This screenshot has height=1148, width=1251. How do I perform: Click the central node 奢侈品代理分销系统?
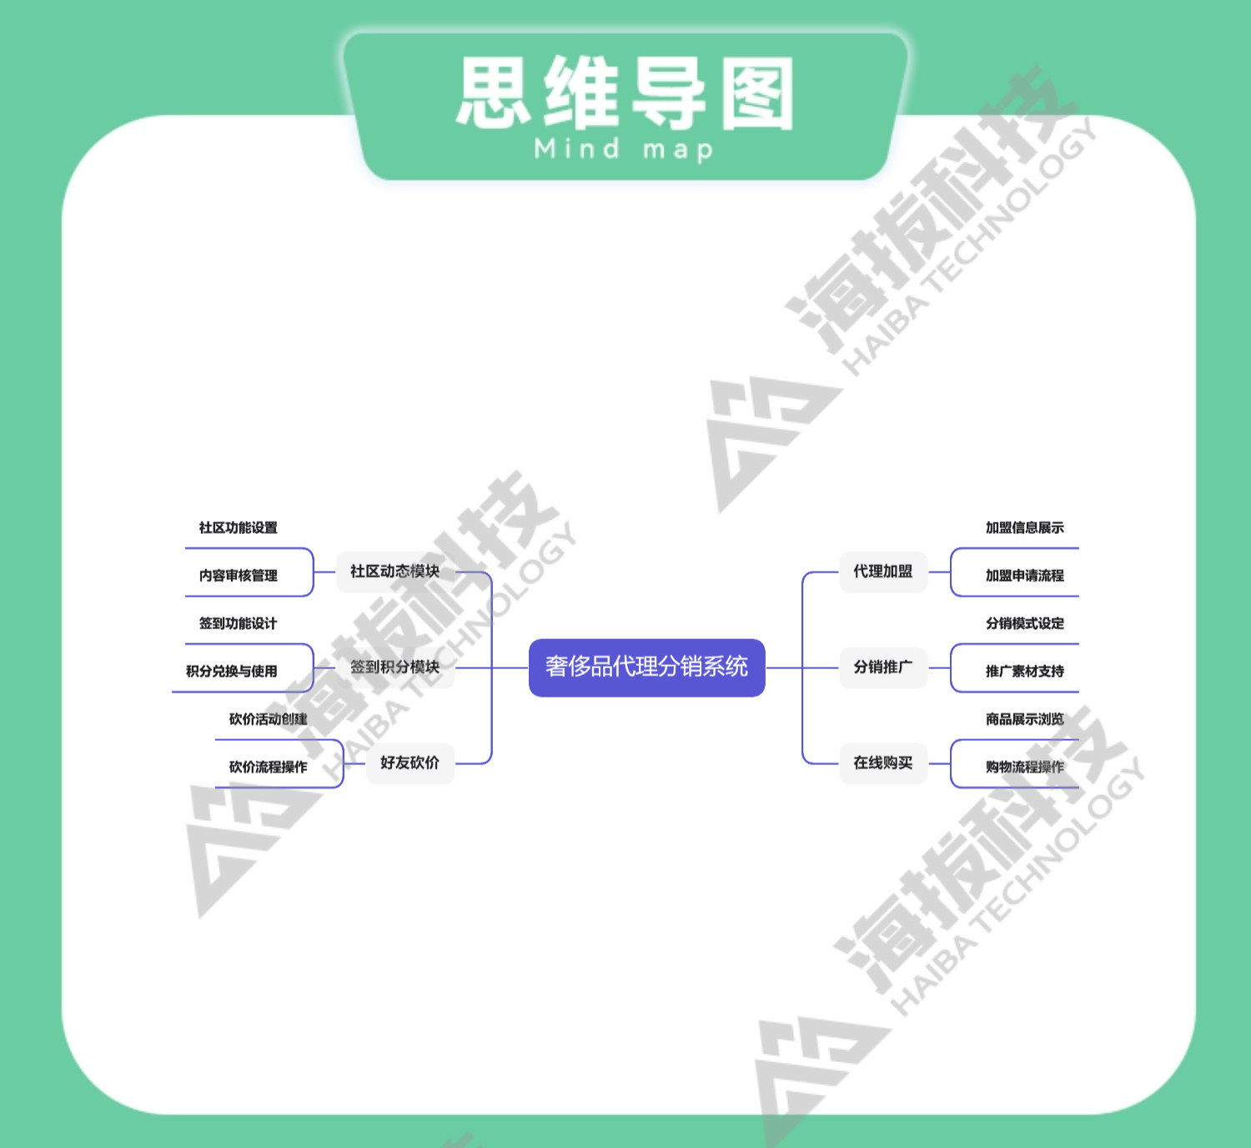[x=646, y=667]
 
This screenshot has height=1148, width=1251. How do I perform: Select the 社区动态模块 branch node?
[x=394, y=571]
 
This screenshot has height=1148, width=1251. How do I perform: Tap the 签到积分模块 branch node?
[x=394, y=667]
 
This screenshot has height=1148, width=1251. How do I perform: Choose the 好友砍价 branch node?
[x=409, y=763]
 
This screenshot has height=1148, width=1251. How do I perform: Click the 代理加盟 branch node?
[x=882, y=571]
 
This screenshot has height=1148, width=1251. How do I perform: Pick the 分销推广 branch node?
[x=882, y=667]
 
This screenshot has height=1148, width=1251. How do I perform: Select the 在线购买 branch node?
[x=882, y=763]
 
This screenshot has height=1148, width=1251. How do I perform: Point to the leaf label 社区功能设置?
[x=238, y=527]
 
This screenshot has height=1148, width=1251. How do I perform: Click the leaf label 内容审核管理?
[x=238, y=575]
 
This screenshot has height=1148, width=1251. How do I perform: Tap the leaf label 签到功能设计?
[x=238, y=623]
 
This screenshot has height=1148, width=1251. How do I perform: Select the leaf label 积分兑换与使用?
[x=231, y=671]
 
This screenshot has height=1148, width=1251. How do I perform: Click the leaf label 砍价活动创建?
[x=268, y=719]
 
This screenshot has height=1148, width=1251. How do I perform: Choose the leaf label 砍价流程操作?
[x=268, y=767]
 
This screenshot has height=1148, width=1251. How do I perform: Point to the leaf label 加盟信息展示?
[x=1024, y=527]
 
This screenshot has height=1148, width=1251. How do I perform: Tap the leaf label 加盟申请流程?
[x=1024, y=575]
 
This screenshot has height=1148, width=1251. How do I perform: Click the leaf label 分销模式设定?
[x=1024, y=623]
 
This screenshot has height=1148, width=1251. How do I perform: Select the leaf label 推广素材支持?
[x=1024, y=671]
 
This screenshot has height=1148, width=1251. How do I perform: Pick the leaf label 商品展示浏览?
[x=1024, y=719]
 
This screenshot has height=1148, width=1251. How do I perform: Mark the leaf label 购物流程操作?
[x=1024, y=767]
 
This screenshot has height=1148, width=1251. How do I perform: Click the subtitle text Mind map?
[x=624, y=149]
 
